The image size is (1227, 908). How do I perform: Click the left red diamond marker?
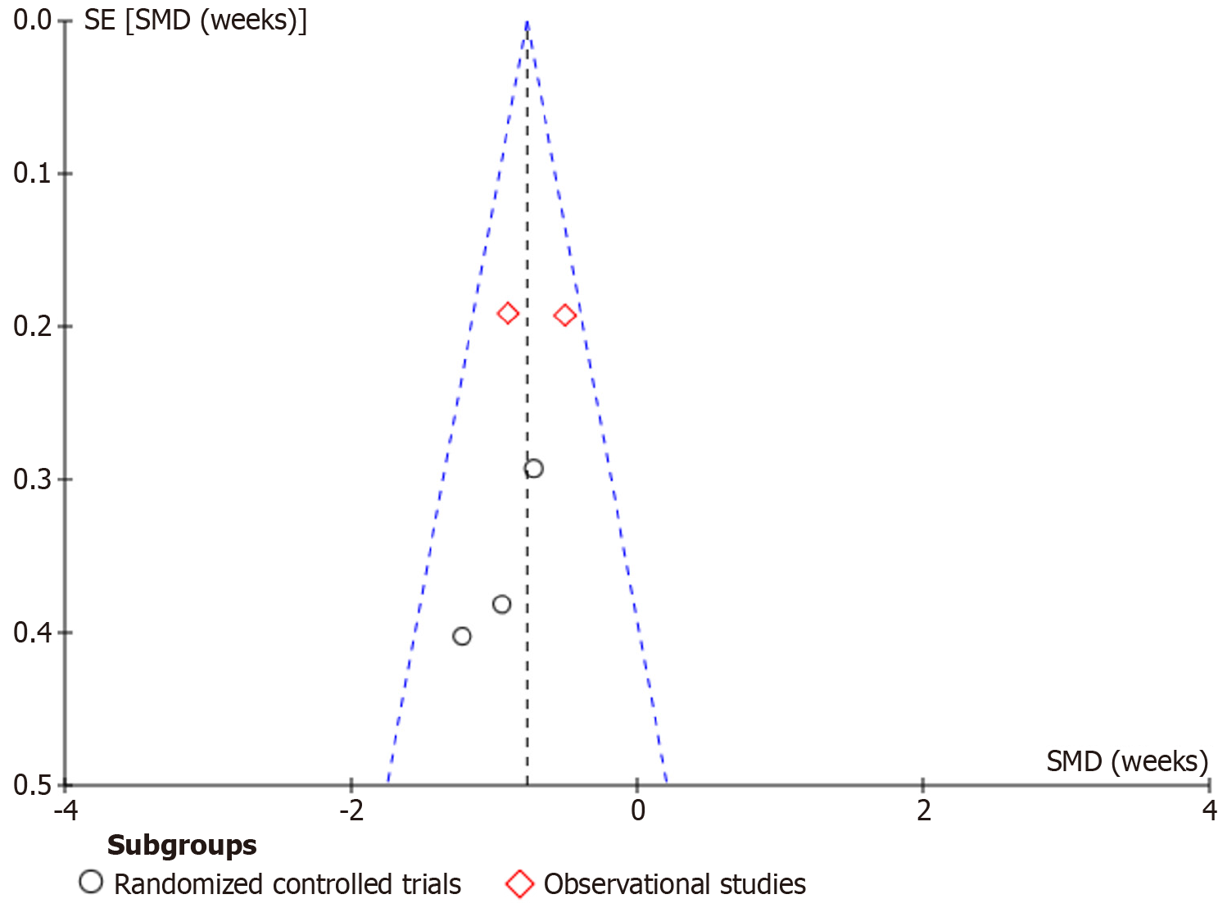pyautogui.click(x=508, y=313)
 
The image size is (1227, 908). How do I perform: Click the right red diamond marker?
pyautogui.click(x=564, y=315)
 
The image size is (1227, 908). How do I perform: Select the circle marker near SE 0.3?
pyautogui.click(x=533, y=469)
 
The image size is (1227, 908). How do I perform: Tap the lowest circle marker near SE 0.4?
pyautogui.click(x=462, y=636)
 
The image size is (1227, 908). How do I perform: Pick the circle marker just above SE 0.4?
pyautogui.click(x=502, y=605)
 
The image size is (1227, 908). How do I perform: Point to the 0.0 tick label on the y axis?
pyautogui.click(x=33, y=20)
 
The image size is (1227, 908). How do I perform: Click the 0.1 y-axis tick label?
pyautogui.click(x=33, y=173)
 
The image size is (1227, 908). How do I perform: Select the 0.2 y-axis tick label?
pyautogui.click(x=33, y=326)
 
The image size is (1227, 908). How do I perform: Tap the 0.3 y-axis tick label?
pyautogui.click(x=33, y=479)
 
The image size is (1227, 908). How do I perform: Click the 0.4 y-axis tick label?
pyautogui.click(x=33, y=633)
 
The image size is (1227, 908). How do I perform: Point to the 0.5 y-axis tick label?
pyautogui.click(x=33, y=785)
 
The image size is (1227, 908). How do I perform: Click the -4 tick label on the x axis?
pyautogui.click(x=66, y=811)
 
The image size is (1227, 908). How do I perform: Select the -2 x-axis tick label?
pyautogui.click(x=351, y=811)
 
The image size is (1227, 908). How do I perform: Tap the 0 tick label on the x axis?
pyautogui.click(x=637, y=811)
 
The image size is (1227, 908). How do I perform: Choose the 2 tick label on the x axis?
pyautogui.click(x=923, y=811)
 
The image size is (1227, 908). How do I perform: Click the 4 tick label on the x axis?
pyautogui.click(x=1209, y=811)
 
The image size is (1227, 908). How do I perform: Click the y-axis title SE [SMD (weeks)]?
pyautogui.click(x=195, y=20)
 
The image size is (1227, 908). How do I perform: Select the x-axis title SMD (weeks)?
pyautogui.click(x=1127, y=761)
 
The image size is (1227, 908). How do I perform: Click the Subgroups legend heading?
pyautogui.click(x=182, y=845)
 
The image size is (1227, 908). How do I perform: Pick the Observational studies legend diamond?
pyautogui.click(x=520, y=884)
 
